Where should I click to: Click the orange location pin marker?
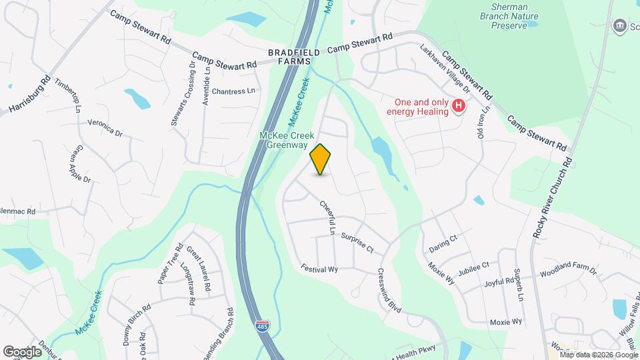321,159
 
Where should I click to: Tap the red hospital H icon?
459,105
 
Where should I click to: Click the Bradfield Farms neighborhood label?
294,56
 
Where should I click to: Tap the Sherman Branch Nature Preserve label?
509,20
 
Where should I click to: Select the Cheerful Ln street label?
327,218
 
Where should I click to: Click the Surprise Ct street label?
357,241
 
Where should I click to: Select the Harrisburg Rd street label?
31,93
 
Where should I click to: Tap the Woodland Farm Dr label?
568,271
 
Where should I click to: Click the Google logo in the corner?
22,351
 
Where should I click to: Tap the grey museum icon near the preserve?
619,25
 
